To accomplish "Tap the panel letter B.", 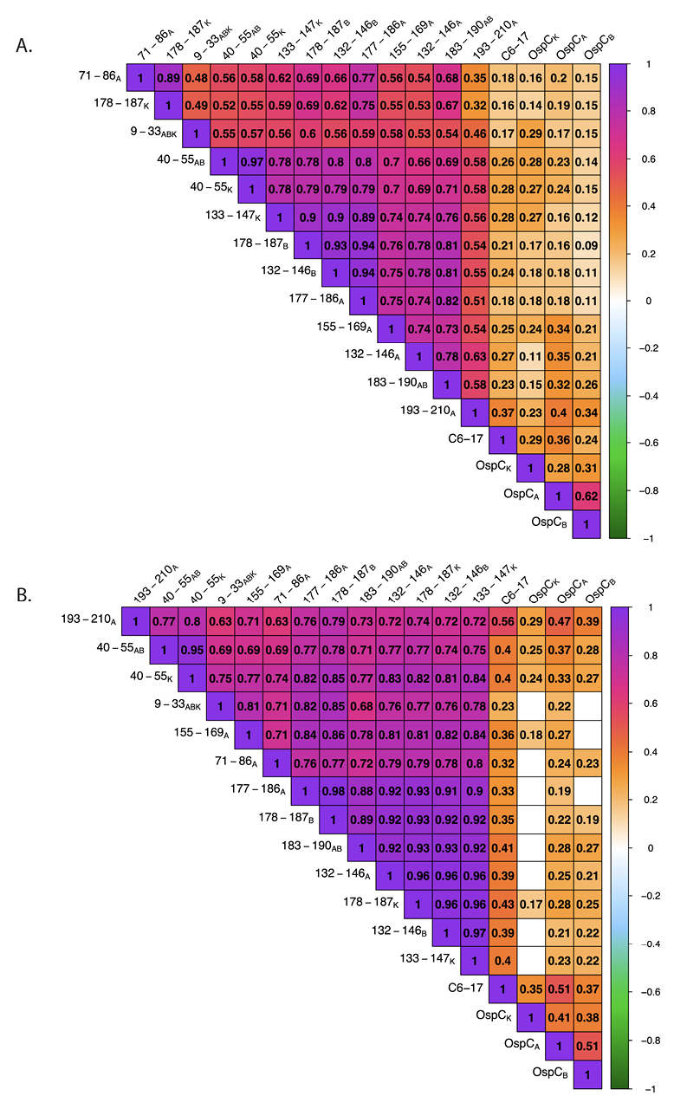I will point(23,595).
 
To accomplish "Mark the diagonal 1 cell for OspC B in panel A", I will point(587,523).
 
